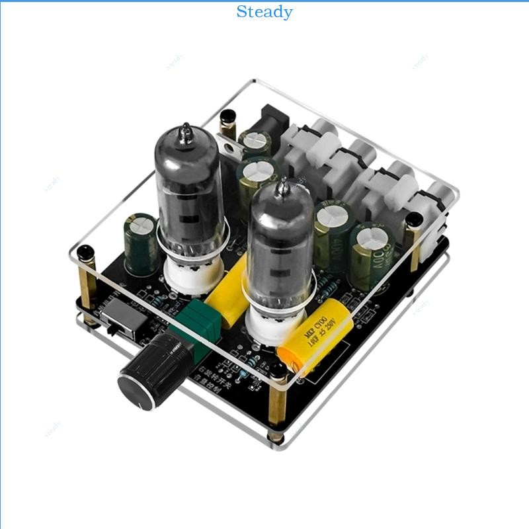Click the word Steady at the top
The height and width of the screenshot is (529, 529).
(x=264, y=12)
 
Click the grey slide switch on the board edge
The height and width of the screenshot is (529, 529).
(x=126, y=318)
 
